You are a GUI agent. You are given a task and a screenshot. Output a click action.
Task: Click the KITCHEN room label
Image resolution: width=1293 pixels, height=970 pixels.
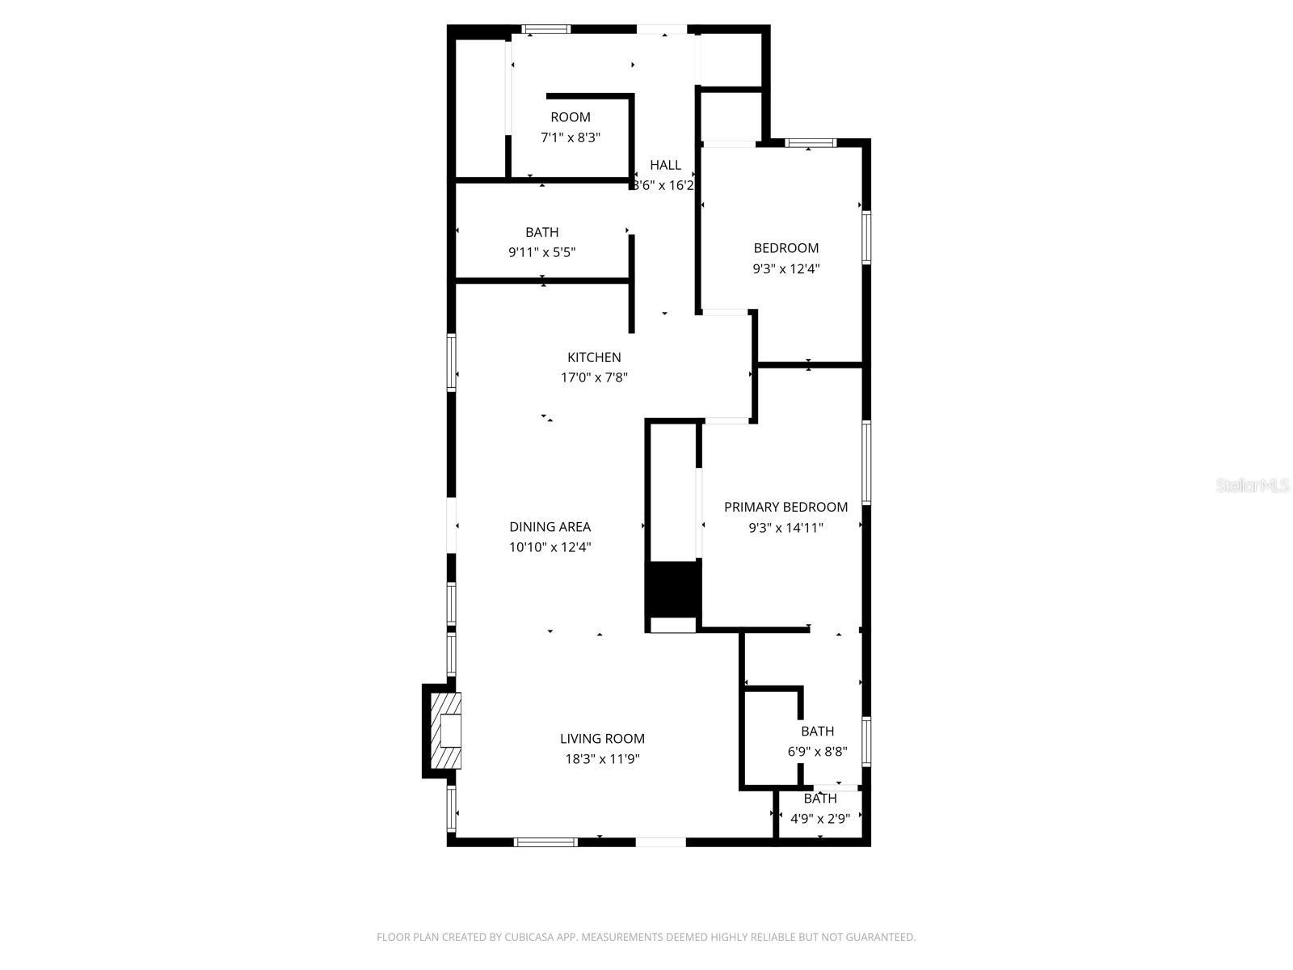594,357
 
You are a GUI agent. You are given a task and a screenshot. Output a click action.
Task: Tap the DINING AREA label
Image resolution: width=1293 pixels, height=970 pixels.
550,527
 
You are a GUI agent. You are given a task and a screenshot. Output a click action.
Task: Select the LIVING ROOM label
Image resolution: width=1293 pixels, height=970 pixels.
602,738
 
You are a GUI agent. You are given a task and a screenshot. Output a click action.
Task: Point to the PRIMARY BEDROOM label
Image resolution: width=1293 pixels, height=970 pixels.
785,507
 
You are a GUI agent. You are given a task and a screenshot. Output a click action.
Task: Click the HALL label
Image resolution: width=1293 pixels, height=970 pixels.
665,165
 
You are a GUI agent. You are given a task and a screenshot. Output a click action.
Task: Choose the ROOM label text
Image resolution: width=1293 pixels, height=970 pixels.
571,117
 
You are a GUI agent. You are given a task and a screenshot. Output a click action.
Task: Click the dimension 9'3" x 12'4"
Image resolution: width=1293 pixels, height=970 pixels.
785,268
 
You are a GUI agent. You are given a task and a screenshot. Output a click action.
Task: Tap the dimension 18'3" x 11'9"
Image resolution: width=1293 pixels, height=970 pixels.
602,759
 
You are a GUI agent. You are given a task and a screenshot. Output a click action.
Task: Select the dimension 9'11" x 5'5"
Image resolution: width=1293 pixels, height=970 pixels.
541,252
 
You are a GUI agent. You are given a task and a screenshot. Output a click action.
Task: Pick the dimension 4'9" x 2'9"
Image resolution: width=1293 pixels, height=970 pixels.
819,819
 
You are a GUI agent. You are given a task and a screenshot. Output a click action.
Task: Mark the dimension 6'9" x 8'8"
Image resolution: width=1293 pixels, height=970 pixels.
817,752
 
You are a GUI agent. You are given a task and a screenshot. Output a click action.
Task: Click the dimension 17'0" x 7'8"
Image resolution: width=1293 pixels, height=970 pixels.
594,377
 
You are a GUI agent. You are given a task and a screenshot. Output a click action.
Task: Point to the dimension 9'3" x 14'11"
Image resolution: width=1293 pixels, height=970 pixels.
785,528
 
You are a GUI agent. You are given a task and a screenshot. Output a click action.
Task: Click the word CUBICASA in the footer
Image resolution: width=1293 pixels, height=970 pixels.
528,938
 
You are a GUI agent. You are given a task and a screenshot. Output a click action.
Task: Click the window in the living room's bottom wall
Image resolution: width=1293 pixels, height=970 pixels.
546,842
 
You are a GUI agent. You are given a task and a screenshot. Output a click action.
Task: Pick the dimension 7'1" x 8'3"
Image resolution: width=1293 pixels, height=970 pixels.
571,137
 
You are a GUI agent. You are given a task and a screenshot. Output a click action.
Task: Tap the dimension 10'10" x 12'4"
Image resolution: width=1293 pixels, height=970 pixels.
550,547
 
